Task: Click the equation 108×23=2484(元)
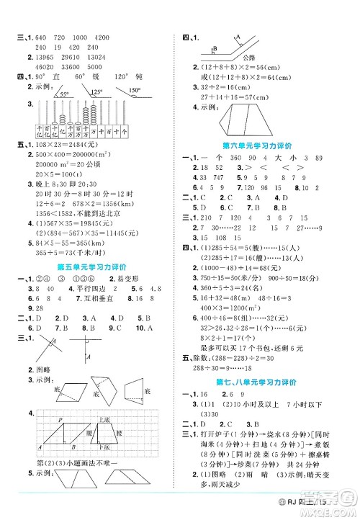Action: point(59,145)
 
